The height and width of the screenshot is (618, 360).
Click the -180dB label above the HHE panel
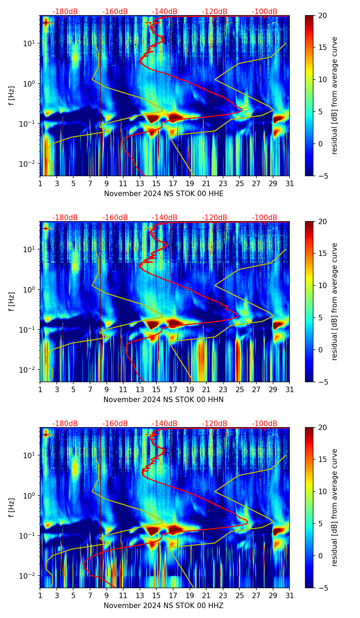pos(65,12)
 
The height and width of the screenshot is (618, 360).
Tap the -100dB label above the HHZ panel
pos(265,424)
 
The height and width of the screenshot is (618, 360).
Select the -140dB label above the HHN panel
pos(165,218)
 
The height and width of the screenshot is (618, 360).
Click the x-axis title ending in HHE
pos(164,194)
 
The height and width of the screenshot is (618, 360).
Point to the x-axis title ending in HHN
pos(164,400)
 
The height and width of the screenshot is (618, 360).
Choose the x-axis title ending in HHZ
pos(164,606)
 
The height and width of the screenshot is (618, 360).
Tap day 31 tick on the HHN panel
pos(290,390)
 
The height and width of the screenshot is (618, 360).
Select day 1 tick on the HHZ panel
pos(40,596)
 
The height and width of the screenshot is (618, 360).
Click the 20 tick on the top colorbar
pos(323,15)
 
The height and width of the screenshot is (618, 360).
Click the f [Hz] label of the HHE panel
pos(12,95)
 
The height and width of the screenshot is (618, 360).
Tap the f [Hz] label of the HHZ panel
pos(12,507)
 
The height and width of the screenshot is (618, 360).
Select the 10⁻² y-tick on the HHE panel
pos(30,164)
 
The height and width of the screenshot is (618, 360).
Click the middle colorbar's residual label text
pos(335,301)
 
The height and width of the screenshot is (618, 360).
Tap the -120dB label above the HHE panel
pos(215,12)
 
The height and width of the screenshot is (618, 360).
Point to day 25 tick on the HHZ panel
pos(240,596)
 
